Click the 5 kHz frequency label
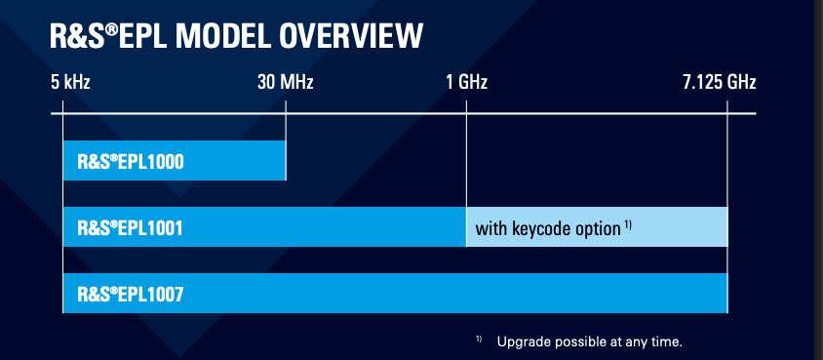(x=70, y=82)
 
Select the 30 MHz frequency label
(x=285, y=82)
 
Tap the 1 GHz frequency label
(x=467, y=82)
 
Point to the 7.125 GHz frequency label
(x=719, y=82)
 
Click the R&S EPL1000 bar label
(x=131, y=162)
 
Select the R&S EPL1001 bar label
(x=130, y=227)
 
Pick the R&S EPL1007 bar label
(x=131, y=295)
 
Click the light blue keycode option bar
(x=597, y=226)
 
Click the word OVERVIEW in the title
(x=351, y=36)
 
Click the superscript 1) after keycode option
(x=628, y=225)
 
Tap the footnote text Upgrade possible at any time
(x=589, y=342)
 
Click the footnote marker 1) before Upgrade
(x=479, y=339)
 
